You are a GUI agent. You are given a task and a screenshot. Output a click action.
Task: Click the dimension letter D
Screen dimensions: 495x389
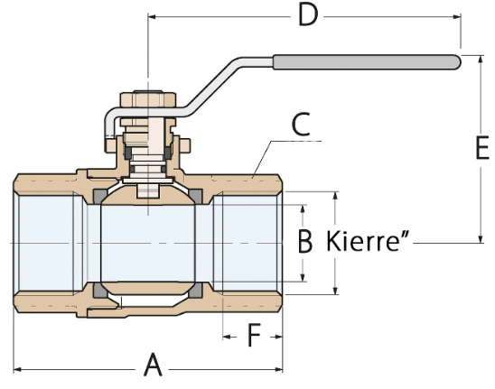[x=308, y=15]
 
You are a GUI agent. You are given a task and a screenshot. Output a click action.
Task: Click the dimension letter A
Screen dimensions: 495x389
[x=154, y=365]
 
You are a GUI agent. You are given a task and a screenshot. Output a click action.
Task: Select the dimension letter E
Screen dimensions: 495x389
[x=482, y=147]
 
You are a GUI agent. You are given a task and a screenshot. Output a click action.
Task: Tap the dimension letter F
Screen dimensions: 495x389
[x=254, y=335]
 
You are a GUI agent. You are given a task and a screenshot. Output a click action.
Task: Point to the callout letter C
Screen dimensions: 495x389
[x=301, y=125]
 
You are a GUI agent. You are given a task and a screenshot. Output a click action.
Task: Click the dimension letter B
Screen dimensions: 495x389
[x=305, y=241]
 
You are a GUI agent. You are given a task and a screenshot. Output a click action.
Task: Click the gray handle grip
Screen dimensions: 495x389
[x=367, y=62]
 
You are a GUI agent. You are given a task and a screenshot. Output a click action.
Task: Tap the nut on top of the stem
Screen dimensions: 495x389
[x=148, y=99]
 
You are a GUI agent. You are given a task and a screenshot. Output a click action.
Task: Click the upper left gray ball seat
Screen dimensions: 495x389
[x=99, y=197]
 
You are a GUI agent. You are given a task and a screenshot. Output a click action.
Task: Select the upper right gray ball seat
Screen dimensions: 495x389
[x=196, y=196]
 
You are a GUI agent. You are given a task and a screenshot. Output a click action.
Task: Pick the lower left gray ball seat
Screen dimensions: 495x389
[x=99, y=291]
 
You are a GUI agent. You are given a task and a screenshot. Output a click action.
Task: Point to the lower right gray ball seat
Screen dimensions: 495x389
[x=196, y=291]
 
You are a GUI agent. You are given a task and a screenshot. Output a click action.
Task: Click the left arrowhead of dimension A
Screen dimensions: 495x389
[x=17, y=369]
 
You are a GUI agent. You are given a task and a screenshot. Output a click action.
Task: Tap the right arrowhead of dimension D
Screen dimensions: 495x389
[x=457, y=16]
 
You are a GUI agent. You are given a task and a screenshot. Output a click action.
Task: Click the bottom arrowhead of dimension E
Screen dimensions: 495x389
[x=481, y=239]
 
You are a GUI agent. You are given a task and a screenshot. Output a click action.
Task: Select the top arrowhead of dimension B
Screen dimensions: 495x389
[x=304, y=208]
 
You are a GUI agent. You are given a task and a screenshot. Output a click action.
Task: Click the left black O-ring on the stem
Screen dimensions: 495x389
[x=128, y=153]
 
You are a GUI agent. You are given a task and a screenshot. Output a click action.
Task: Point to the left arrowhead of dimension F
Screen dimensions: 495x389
[x=227, y=337]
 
